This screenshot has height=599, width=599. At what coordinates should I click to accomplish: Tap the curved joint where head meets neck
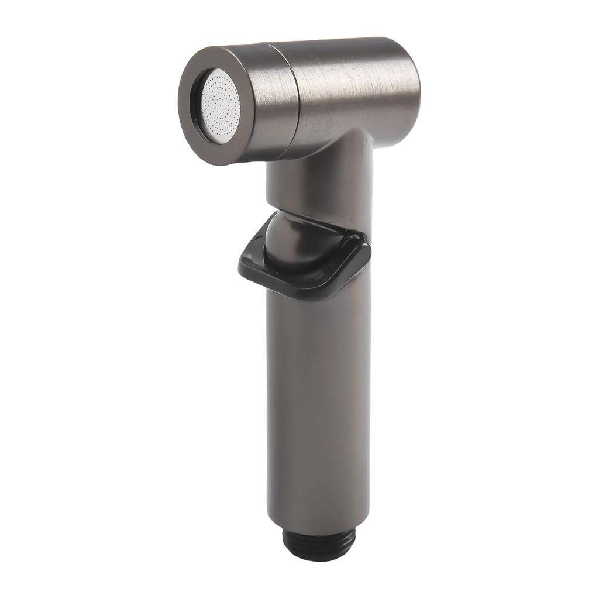click(351, 140)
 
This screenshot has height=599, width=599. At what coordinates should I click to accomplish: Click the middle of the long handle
click(319, 398)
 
